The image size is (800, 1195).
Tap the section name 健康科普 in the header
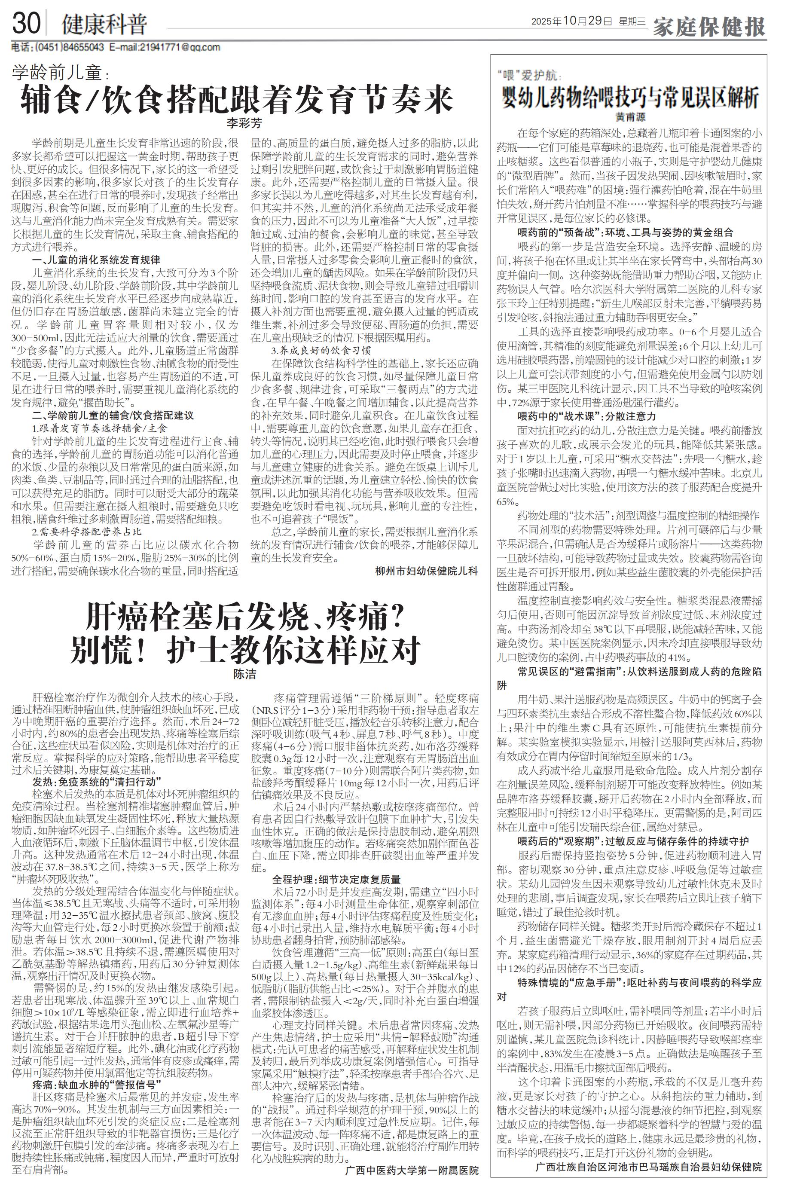(x=104, y=24)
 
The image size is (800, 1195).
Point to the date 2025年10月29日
(x=571, y=22)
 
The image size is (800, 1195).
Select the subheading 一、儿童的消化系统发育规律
(x=96, y=260)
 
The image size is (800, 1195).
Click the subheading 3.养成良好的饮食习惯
(x=321, y=351)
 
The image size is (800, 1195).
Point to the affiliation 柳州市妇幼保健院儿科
(x=427, y=571)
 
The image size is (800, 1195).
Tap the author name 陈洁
(x=244, y=675)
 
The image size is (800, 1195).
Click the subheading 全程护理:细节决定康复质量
(x=336, y=879)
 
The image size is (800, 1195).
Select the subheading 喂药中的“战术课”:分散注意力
(x=587, y=416)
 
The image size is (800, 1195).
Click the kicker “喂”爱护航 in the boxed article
(x=528, y=76)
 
